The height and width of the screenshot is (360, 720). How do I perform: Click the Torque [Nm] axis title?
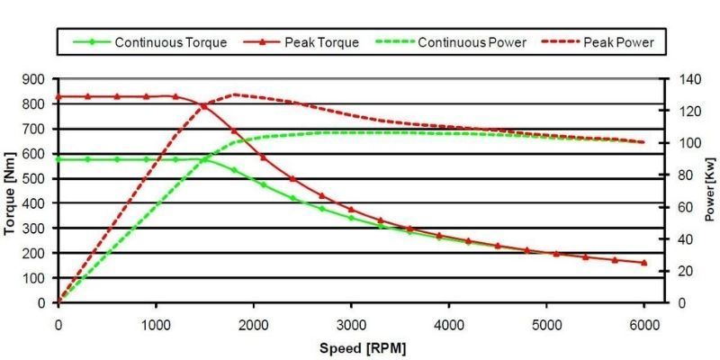pos(12,192)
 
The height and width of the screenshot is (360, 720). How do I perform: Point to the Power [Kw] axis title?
pos(709,192)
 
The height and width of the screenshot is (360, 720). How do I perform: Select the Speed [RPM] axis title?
pos(358,346)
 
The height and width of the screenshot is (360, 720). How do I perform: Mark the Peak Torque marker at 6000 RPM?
pos(643,263)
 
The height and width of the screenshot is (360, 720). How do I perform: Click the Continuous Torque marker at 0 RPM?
pos(58,159)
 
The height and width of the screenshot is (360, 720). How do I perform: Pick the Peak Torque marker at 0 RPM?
pos(58,96)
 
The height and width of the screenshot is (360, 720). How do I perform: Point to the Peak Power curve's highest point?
pos(234,94)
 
